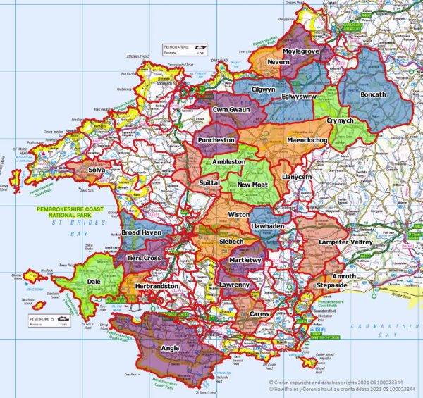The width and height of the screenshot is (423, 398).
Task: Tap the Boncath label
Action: click(373, 94)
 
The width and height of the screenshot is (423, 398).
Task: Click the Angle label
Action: click(171, 347)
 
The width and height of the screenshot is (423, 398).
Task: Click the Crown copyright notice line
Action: click(331, 378)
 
